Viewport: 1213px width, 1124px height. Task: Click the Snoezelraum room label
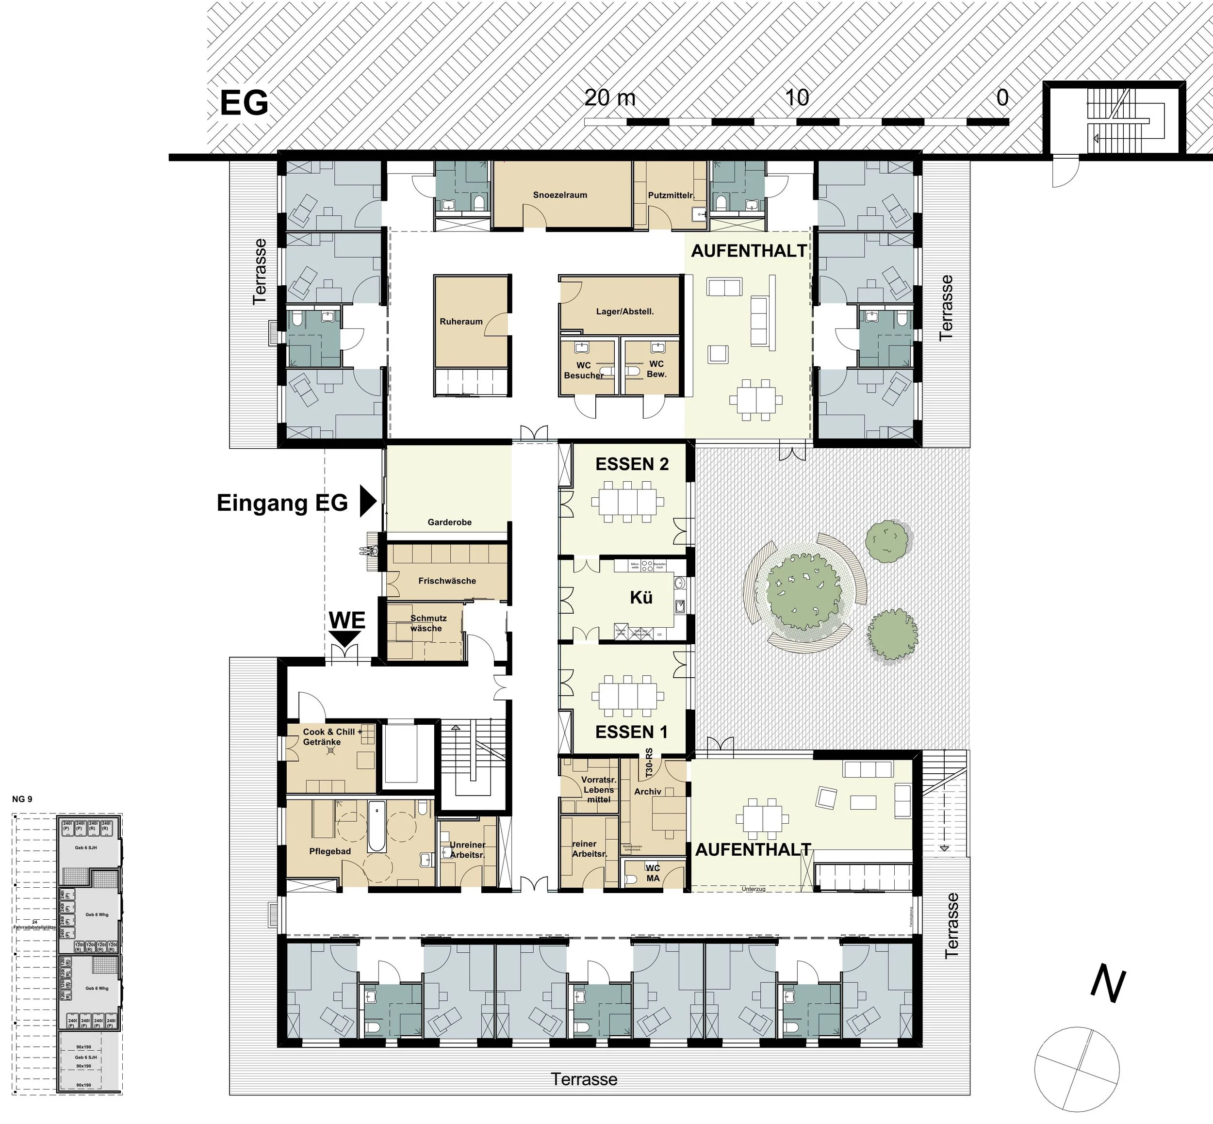[559, 195]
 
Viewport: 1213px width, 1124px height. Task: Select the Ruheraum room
[461, 322]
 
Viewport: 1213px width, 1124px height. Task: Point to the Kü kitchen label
[641, 597]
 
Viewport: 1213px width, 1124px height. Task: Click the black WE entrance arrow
[345, 637]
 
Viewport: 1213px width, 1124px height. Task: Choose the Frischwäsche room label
[447, 581]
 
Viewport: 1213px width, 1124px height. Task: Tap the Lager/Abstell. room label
[625, 311]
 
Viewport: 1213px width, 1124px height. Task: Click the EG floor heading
[244, 103]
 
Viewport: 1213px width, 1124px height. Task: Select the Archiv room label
[647, 791]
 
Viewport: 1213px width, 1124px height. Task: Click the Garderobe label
[450, 522]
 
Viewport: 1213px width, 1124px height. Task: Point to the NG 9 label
[22, 799]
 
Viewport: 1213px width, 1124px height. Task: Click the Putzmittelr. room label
[671, 195]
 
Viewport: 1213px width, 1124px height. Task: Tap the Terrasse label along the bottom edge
[584, 1079]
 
